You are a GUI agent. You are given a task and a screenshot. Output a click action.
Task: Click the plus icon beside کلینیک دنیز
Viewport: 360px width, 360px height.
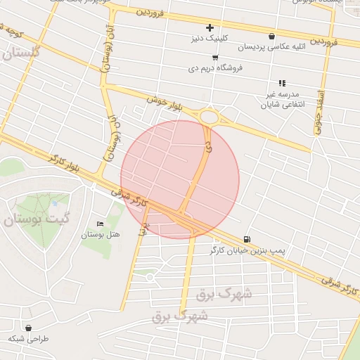point(210,27)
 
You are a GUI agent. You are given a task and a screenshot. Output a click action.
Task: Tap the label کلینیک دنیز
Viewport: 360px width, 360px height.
point(210,39)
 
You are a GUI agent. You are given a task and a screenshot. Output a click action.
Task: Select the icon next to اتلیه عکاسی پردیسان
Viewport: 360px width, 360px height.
point(271,36)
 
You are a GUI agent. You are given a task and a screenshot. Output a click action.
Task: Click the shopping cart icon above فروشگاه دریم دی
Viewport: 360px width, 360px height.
point(214,58)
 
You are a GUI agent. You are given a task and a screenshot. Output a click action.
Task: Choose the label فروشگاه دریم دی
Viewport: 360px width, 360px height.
point(214,69)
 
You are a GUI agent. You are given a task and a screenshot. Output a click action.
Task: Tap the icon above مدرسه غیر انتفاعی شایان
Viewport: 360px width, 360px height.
point(282,83)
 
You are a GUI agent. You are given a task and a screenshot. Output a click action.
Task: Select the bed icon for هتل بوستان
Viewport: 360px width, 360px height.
point(100,224)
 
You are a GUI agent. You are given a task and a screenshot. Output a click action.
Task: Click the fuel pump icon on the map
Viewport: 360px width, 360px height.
point(246,239)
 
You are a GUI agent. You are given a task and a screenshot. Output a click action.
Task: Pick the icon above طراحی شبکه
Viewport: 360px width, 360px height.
point(28,328)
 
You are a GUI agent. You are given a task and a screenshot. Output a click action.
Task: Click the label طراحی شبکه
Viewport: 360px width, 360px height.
point(29,339)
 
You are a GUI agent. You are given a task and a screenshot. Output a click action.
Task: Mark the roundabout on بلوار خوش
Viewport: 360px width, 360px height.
point(209,117)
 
